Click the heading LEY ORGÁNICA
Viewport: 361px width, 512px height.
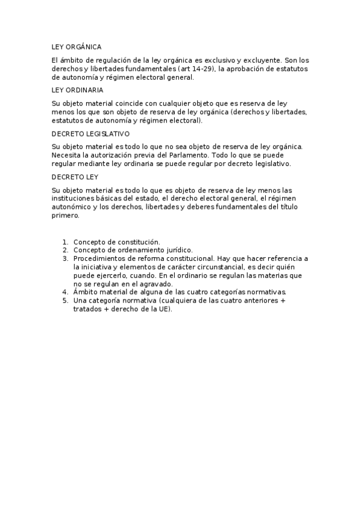(x=77, y=46)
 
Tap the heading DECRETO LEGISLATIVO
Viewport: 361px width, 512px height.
(x=90, y=133)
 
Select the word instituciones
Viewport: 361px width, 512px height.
(x=73, y=199)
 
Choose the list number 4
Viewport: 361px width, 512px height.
(x=65, y=292)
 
